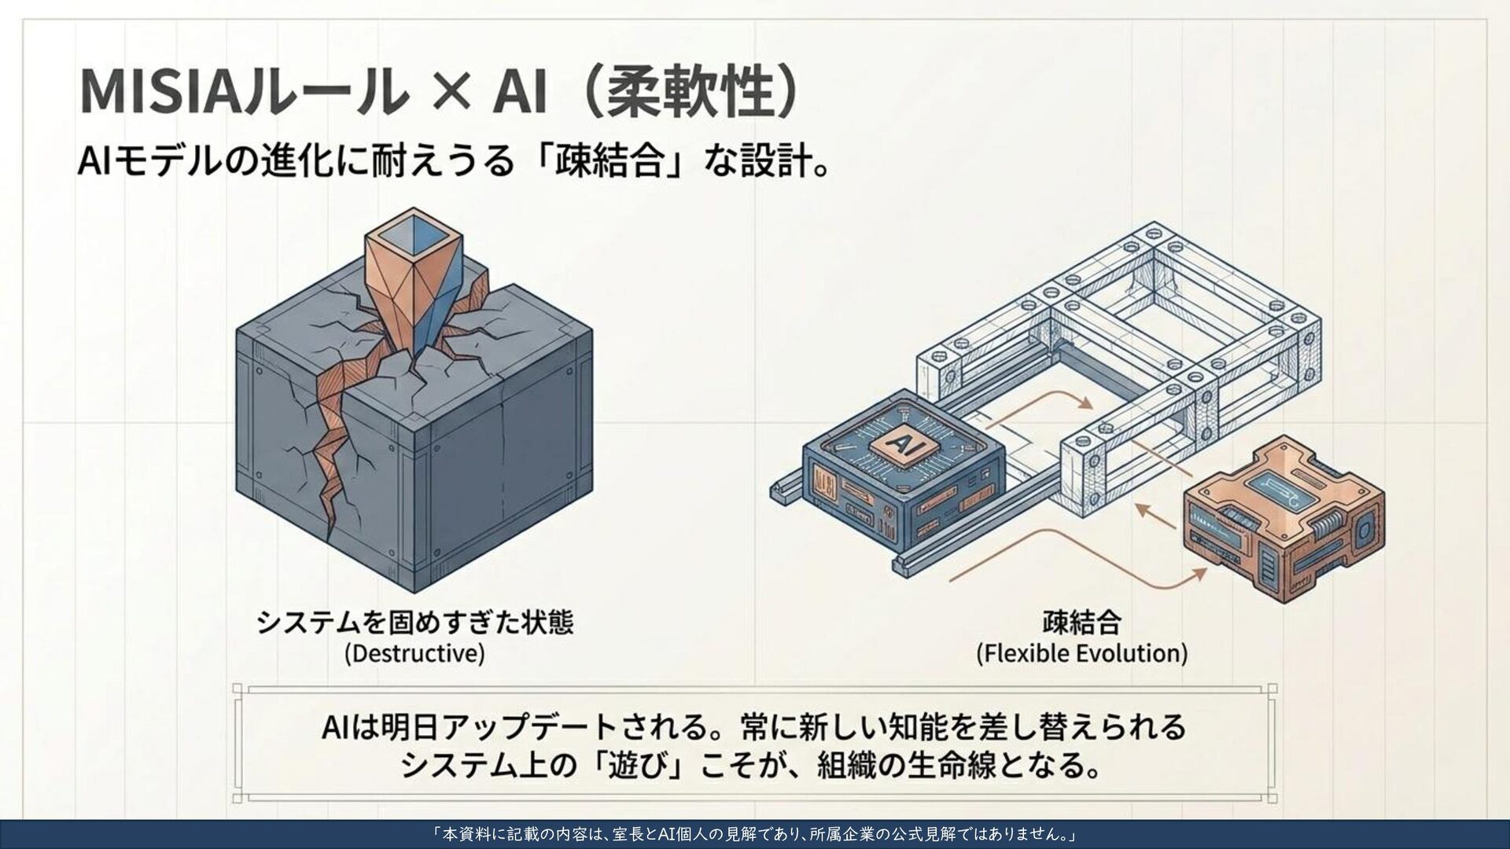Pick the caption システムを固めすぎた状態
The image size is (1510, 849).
pos(415,622)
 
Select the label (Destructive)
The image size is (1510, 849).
pos(414,653)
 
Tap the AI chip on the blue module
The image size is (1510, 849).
pos(900,443)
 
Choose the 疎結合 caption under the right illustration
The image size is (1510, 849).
pos(1082,622)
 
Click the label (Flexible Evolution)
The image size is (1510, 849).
pos(1082,653)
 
